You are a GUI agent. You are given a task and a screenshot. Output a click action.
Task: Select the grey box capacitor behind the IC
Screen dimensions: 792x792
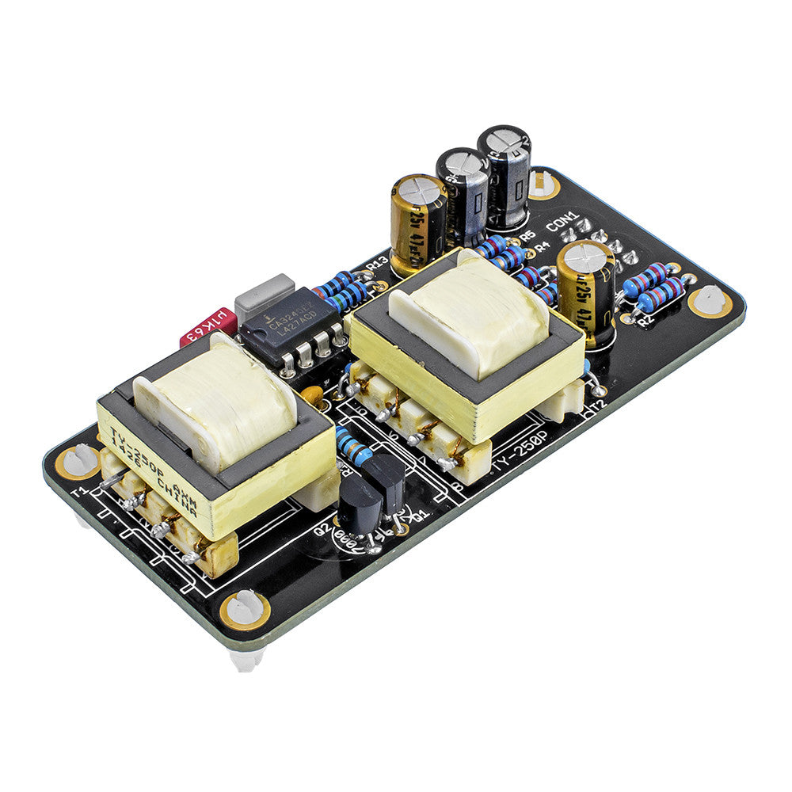point(265,292)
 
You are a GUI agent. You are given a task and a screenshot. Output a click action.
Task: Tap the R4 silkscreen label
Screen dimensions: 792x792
point(543,247)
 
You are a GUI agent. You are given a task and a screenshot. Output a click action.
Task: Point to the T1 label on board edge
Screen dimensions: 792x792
point(78,492)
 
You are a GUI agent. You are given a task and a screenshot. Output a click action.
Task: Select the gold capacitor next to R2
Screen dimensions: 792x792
point(586,285)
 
